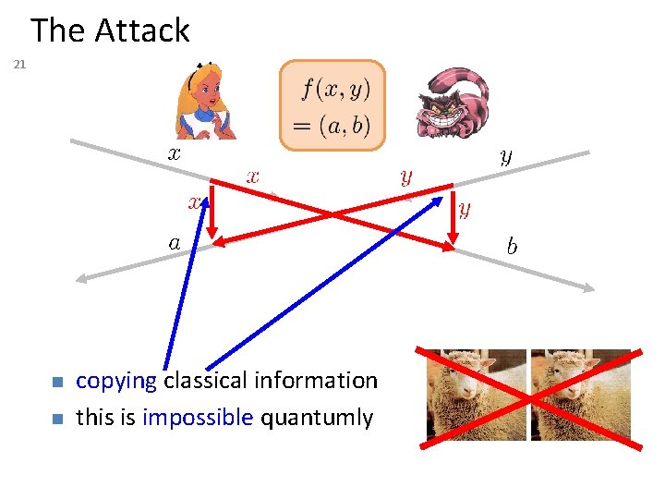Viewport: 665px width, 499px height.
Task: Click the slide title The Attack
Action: click(x=110, y=30)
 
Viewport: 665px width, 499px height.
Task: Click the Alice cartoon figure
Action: click(x=207, y=102)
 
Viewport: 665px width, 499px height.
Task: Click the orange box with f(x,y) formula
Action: click(x=332, y=103)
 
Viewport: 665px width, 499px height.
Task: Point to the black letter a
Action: click(x=174, y=243)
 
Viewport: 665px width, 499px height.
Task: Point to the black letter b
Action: click(x=512, y=247)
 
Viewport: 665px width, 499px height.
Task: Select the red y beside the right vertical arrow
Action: click(x=465, y=210)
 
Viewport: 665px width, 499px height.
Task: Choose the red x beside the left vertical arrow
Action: click(x=195, y=201)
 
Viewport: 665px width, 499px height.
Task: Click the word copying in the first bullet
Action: click(x=116, y=381)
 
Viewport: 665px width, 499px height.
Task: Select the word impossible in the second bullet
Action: click(x=198, y=418)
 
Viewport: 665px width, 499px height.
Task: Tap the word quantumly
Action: click(x=317, y=418)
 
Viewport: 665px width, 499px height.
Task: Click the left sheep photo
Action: click(x=476, y=395)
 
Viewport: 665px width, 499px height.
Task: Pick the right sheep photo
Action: click(x=581, y=395)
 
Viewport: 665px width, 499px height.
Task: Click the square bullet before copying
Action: click(x=56, y=382)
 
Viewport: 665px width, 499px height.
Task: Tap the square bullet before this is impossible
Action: click(x=56, y=419)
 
